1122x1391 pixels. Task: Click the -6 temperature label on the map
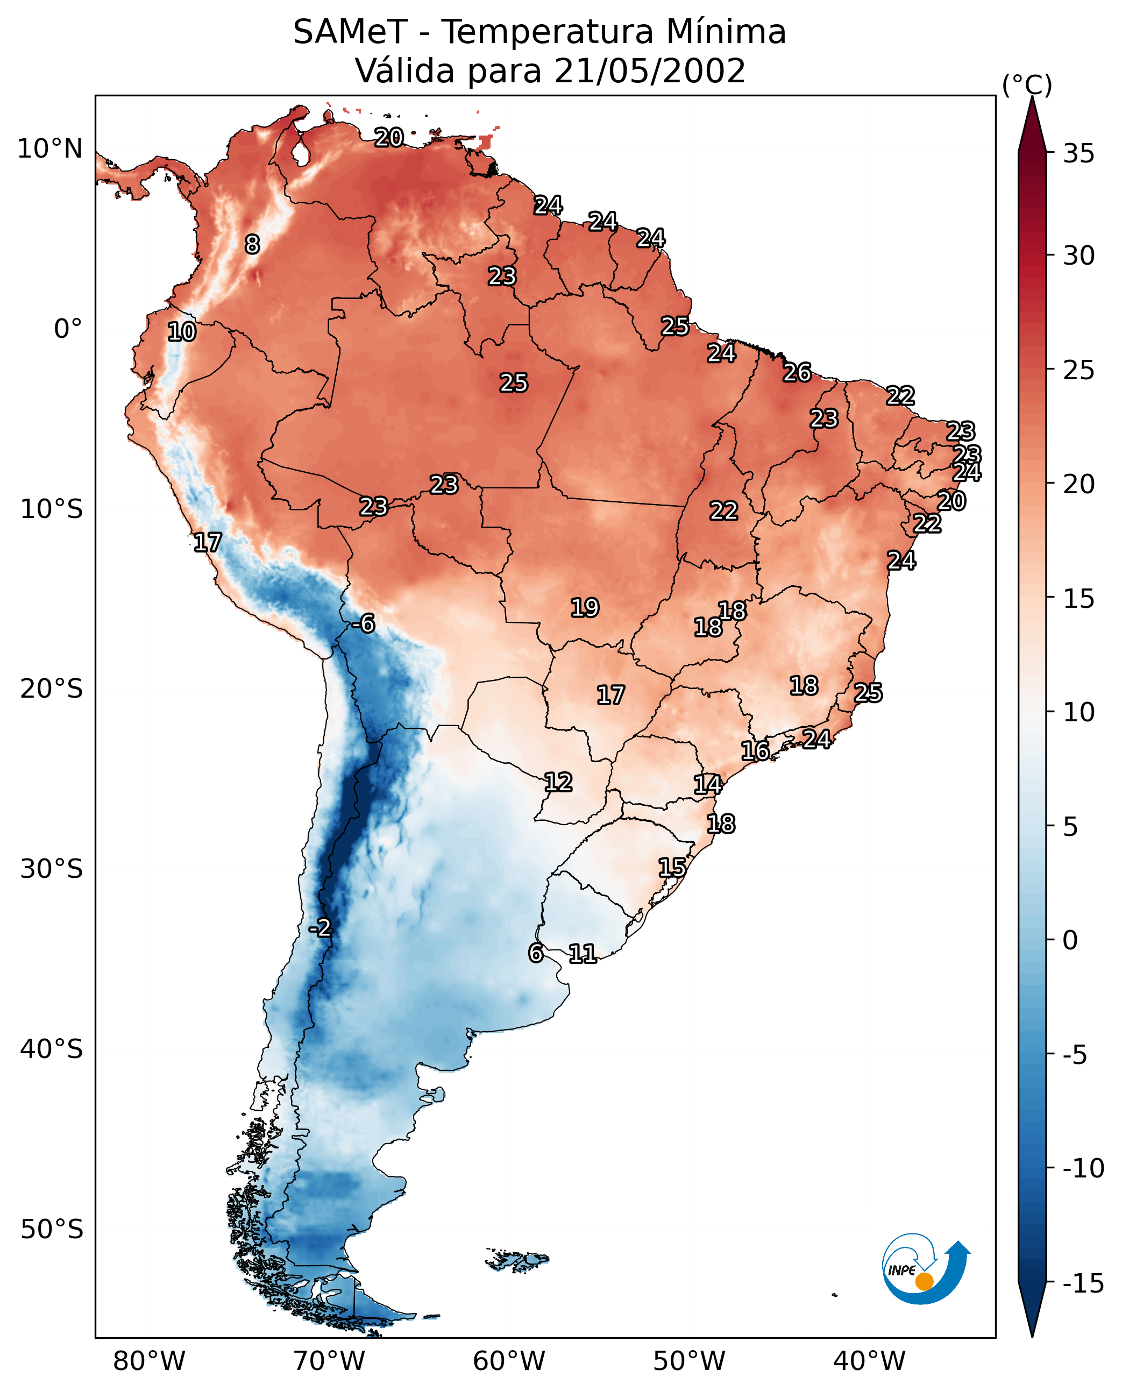pyautogui.click(x=364, y=624)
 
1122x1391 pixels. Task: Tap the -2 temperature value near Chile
pyautogui.click(x=320, y=928)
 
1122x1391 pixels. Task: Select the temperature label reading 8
pyautogui.click(x=252, y=244)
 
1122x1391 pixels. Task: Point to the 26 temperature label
pyautogui.click(x=797, y=373)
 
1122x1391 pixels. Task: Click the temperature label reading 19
pyautogui.click(x=585, y=608)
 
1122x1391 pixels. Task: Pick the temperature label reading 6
pyautogui.click(x=536, y=953)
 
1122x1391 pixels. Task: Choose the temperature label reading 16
pyautogui.click(x=755, y=751)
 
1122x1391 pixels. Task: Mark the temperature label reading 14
pyautogui.click(x=708, y=785)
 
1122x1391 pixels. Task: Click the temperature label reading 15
pyautogui.click(x=672, y=868)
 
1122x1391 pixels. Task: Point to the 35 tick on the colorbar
pyautogui.click(x=1078, y=154)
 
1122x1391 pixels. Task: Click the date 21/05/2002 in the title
pyautogui.click(x=650, y=71)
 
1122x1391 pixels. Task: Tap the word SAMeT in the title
pyautogui.click(x=350, y=32)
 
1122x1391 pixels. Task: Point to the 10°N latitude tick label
pyautogui.click(x=51, y=150)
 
